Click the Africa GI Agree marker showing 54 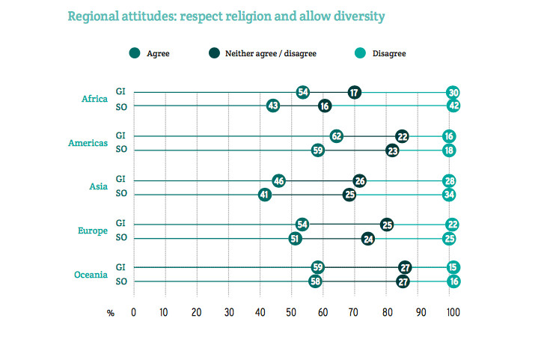coord(303,92)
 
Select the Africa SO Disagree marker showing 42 coord(453,106)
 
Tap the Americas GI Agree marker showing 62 coord(337,136)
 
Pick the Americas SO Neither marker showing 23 coord(392,150)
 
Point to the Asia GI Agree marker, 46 coord(279,180)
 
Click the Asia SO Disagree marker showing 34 coord(449,195)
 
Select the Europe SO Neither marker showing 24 coord(368,239)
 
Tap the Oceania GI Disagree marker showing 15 coord(453,267)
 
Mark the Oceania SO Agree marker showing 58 coord(315,281)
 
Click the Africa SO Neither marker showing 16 coord(324,106)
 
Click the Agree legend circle coord(134,53)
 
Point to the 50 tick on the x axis coord(291,313)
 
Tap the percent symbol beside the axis coord(111,313)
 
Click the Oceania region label coord(90,275)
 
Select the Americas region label coord(88,143)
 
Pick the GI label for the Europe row coord(120,223)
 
